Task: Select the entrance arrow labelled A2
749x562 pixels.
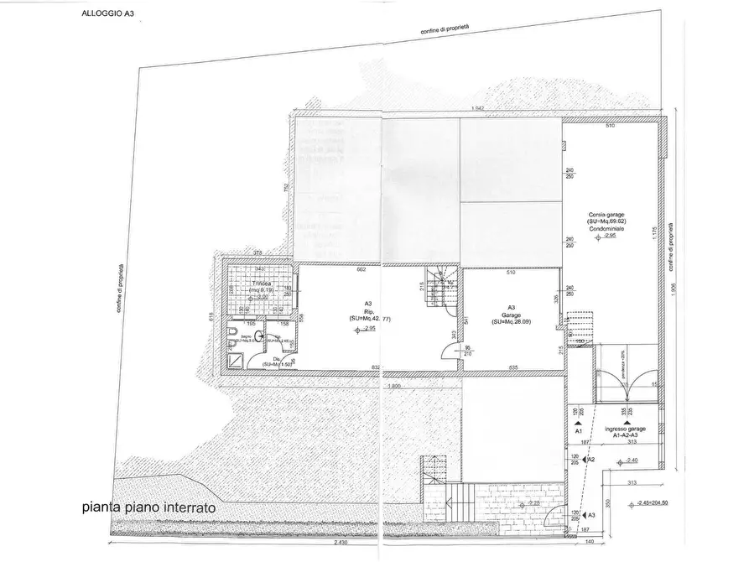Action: [x=590, y=460]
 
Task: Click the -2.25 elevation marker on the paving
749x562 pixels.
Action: [x=533, y=503]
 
